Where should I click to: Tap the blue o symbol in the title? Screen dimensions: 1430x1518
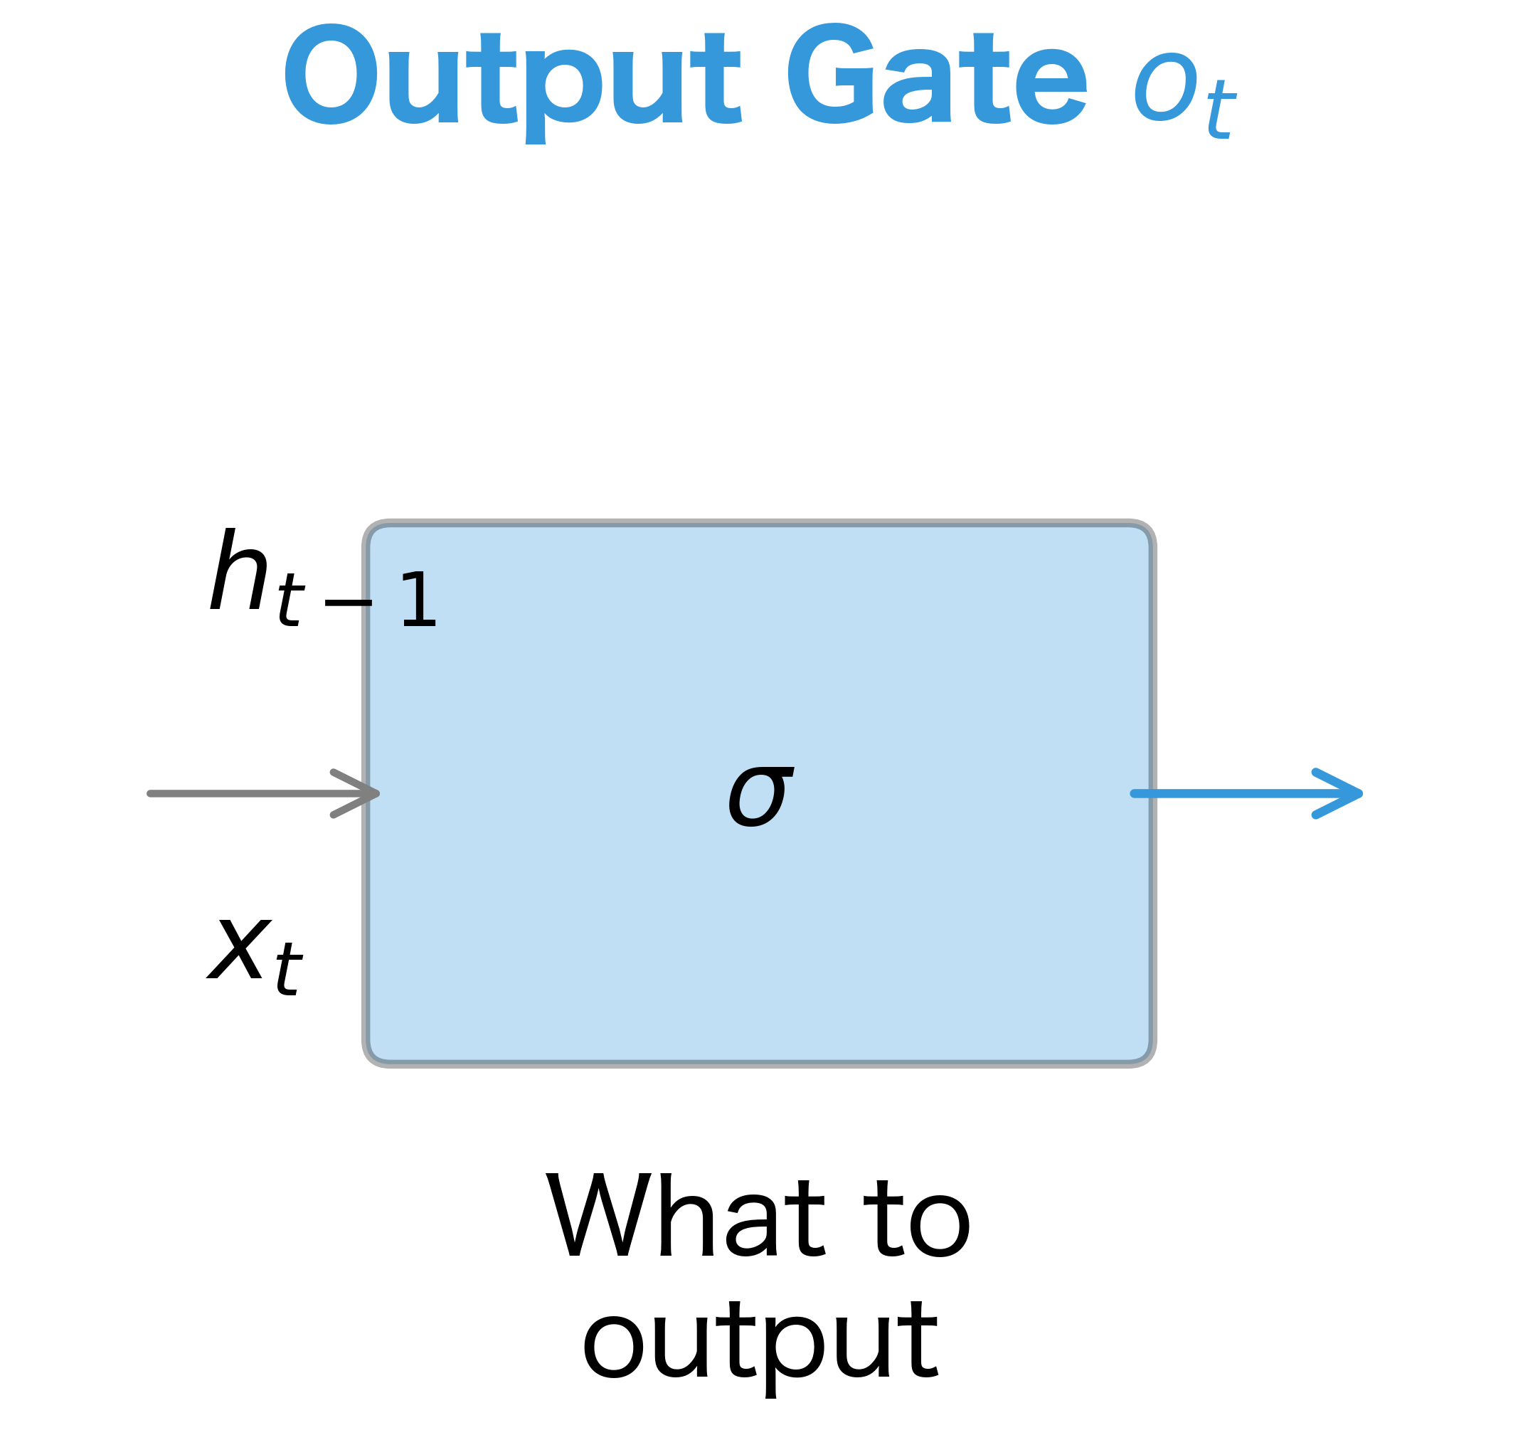[x=1164, y=88]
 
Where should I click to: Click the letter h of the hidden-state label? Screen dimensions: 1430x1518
[x=239, y=570]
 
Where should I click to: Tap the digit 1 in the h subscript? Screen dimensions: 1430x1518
[x=418, y=600]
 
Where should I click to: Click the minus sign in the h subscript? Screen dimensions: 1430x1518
[x=348, y=603]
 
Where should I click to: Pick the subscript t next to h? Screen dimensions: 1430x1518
[x=291, y=600]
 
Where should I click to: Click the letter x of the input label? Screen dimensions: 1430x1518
[x=240, y=950]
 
